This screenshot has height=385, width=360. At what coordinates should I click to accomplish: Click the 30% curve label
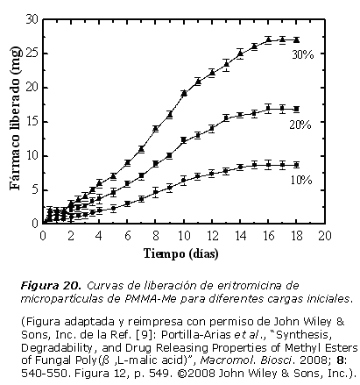click(303, 54)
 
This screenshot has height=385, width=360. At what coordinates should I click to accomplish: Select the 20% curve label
click(300, 125)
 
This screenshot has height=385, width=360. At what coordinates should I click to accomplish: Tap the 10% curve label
click(301, 180)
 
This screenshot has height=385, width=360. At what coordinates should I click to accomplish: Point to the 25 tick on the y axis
click(32, 53)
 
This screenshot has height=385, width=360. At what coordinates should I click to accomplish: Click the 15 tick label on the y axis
click(32, 122)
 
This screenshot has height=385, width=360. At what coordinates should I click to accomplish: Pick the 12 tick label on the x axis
click(212, 236)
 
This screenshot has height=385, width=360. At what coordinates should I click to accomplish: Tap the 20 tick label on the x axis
click(325, 236)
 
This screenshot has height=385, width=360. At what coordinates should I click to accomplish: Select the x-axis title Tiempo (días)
click(181, 253)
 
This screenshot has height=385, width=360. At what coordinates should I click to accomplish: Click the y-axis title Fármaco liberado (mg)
click(16, 118)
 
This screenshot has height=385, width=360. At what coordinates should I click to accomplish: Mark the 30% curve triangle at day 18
click(297, 40)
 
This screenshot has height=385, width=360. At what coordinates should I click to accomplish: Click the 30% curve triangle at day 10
click(184, 93)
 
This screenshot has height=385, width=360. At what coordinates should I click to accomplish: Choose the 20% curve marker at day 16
click(268, 109)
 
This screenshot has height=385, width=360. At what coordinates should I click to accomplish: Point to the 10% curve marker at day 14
click(240, 167)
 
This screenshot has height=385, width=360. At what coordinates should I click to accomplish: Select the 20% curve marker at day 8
click(156, 163)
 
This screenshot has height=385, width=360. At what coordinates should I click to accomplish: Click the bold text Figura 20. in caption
click(51, 285)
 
